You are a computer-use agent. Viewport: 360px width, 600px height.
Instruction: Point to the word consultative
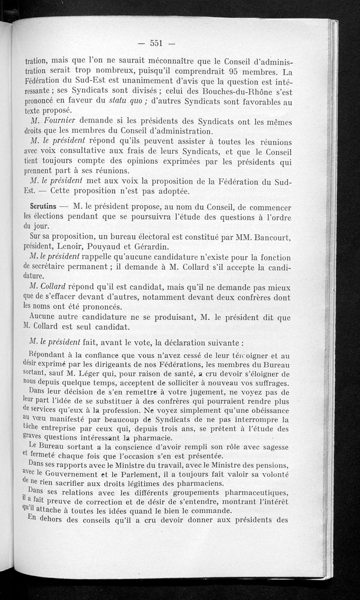(x=80, y=153)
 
